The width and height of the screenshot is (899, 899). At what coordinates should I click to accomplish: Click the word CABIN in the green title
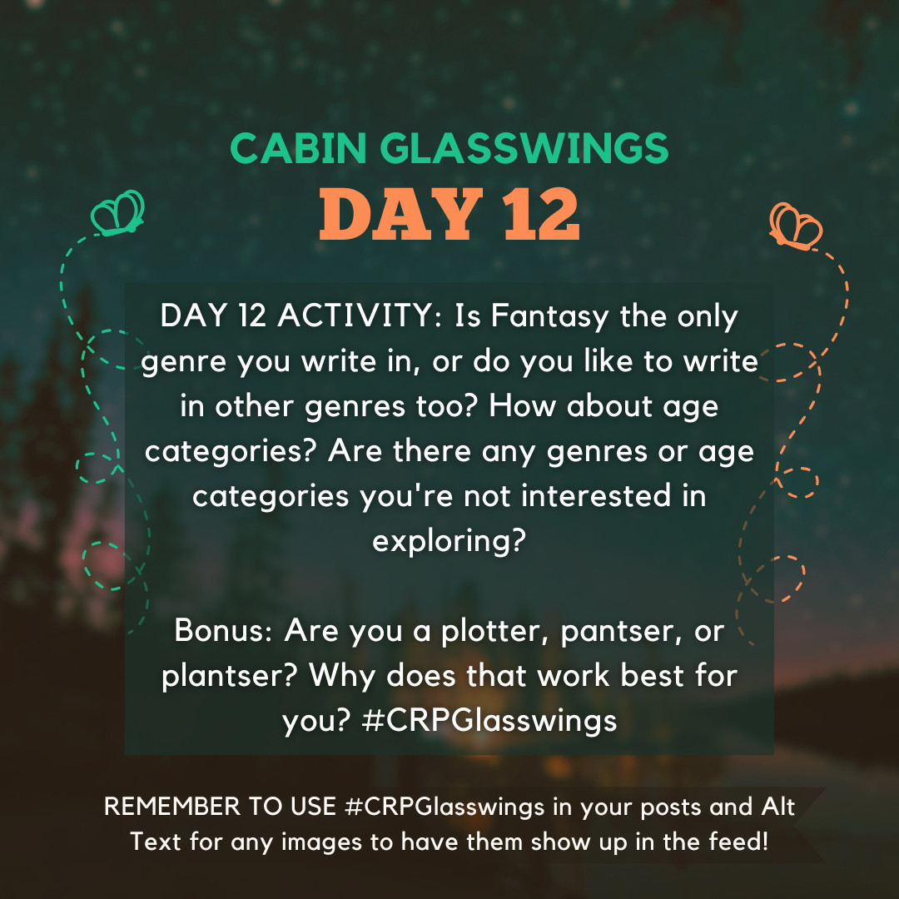298,148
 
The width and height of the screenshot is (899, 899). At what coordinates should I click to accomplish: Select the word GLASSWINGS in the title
524,148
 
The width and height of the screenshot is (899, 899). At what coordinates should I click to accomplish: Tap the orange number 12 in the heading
541,215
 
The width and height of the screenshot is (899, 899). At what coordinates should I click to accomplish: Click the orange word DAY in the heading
400,215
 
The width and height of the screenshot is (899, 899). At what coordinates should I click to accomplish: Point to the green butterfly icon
117,213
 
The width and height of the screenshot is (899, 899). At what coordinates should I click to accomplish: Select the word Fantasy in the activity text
549,317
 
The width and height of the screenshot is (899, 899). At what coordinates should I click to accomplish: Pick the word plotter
490,633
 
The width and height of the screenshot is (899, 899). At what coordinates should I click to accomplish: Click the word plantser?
230,677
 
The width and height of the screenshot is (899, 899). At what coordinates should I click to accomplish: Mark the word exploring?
449,542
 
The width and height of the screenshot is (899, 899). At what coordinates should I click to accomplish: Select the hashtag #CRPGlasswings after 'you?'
489,722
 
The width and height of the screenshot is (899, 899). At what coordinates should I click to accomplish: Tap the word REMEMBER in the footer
172,807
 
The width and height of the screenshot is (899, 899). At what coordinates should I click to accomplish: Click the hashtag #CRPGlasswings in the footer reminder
445,807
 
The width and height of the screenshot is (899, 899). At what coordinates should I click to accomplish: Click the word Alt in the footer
778,807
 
